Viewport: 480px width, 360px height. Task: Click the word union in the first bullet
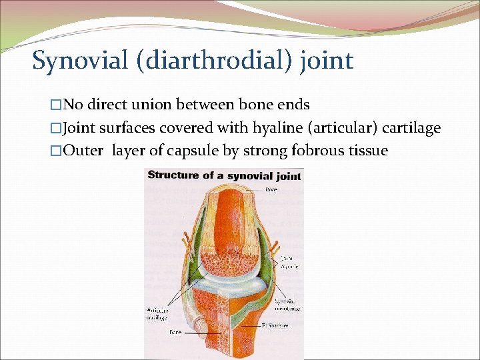pyautogui.click(x=161, y=105)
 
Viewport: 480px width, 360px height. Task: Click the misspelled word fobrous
pyautogui.click(x=317, y=150)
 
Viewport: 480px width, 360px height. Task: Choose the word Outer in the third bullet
pyautogui.click(x=85, y=150)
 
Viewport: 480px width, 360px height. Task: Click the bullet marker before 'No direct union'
pyautogui.click(x=57, y=105)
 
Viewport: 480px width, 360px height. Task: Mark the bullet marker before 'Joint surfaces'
pyautogui.click(x=57, y=128)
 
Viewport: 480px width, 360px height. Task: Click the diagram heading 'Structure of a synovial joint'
pyautogui.click(x=224, y=176)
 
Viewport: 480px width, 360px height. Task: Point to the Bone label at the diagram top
pyautogui.click(x=271, y=189)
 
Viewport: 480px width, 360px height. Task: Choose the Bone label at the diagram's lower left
pyautogui.click(x=175, y=331)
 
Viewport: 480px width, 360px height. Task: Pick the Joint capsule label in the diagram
pyautogui.click(x=289, y=262)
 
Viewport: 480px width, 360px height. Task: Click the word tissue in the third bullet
pyautogui.click(x=366, y=150)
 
